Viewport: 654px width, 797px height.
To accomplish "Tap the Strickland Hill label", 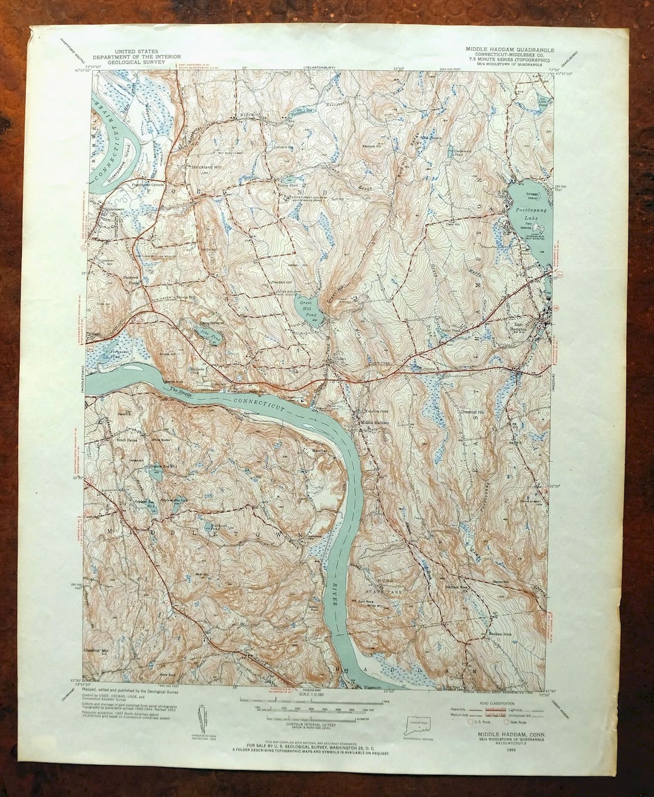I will (191, 166).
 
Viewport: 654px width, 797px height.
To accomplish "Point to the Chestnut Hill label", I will (472, 412).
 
